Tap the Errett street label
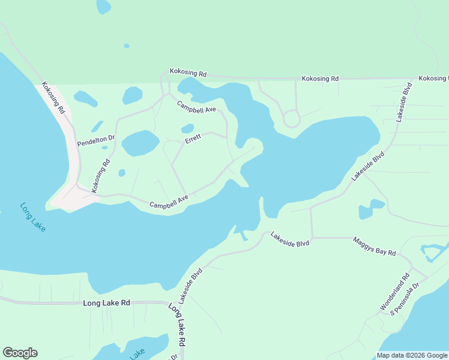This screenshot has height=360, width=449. (193, 138)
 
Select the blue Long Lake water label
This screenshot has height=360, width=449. (34, 217)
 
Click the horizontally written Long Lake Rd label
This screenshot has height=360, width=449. (106, 303)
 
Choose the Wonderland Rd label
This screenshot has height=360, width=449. (394, 292)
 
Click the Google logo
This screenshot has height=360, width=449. (20, 353)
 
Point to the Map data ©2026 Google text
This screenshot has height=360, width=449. (411, 355)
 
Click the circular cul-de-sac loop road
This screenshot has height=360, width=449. (292, 118)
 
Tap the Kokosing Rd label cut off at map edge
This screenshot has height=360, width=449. (433, 79)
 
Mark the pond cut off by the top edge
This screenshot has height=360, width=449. (103, 6)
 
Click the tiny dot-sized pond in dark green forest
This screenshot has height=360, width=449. (126, 46)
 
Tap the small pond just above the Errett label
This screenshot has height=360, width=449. (188, 128)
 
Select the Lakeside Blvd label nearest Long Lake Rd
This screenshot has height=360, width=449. (190, 284)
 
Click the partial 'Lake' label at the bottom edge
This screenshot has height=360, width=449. (137, 354)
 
